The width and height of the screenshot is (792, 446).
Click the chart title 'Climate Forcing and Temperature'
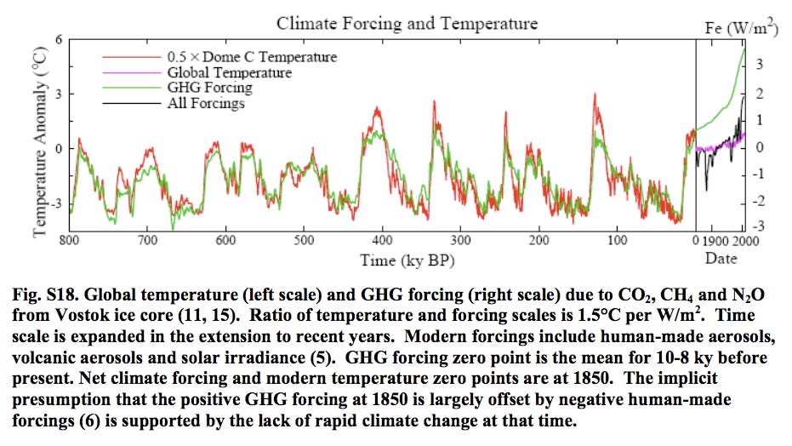coord(407,23)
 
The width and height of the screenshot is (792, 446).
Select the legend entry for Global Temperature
coord(230,72)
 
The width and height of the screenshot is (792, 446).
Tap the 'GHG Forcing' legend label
coord(209,88)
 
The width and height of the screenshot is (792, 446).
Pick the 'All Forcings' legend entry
coord(206,104)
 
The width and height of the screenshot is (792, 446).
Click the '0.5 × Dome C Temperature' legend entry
coord(252,57)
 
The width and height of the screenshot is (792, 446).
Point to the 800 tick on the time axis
coord(69,240)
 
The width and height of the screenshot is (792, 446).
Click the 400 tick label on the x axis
coord(382,240)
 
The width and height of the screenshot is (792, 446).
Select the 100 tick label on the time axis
coord(618,240)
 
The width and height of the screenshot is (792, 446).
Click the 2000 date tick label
coord(745,241)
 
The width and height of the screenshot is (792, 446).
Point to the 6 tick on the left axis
coord(59,39)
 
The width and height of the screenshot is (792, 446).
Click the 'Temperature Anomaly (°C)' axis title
coord(40,142)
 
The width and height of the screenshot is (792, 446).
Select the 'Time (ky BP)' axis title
coord(407,260)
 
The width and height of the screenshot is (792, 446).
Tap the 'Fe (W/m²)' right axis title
coord(741,26)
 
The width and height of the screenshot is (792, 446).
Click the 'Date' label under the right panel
coord(721,259)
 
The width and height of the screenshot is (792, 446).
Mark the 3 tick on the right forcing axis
coord(759,64)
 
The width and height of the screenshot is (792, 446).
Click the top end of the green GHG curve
coord(744,49)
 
